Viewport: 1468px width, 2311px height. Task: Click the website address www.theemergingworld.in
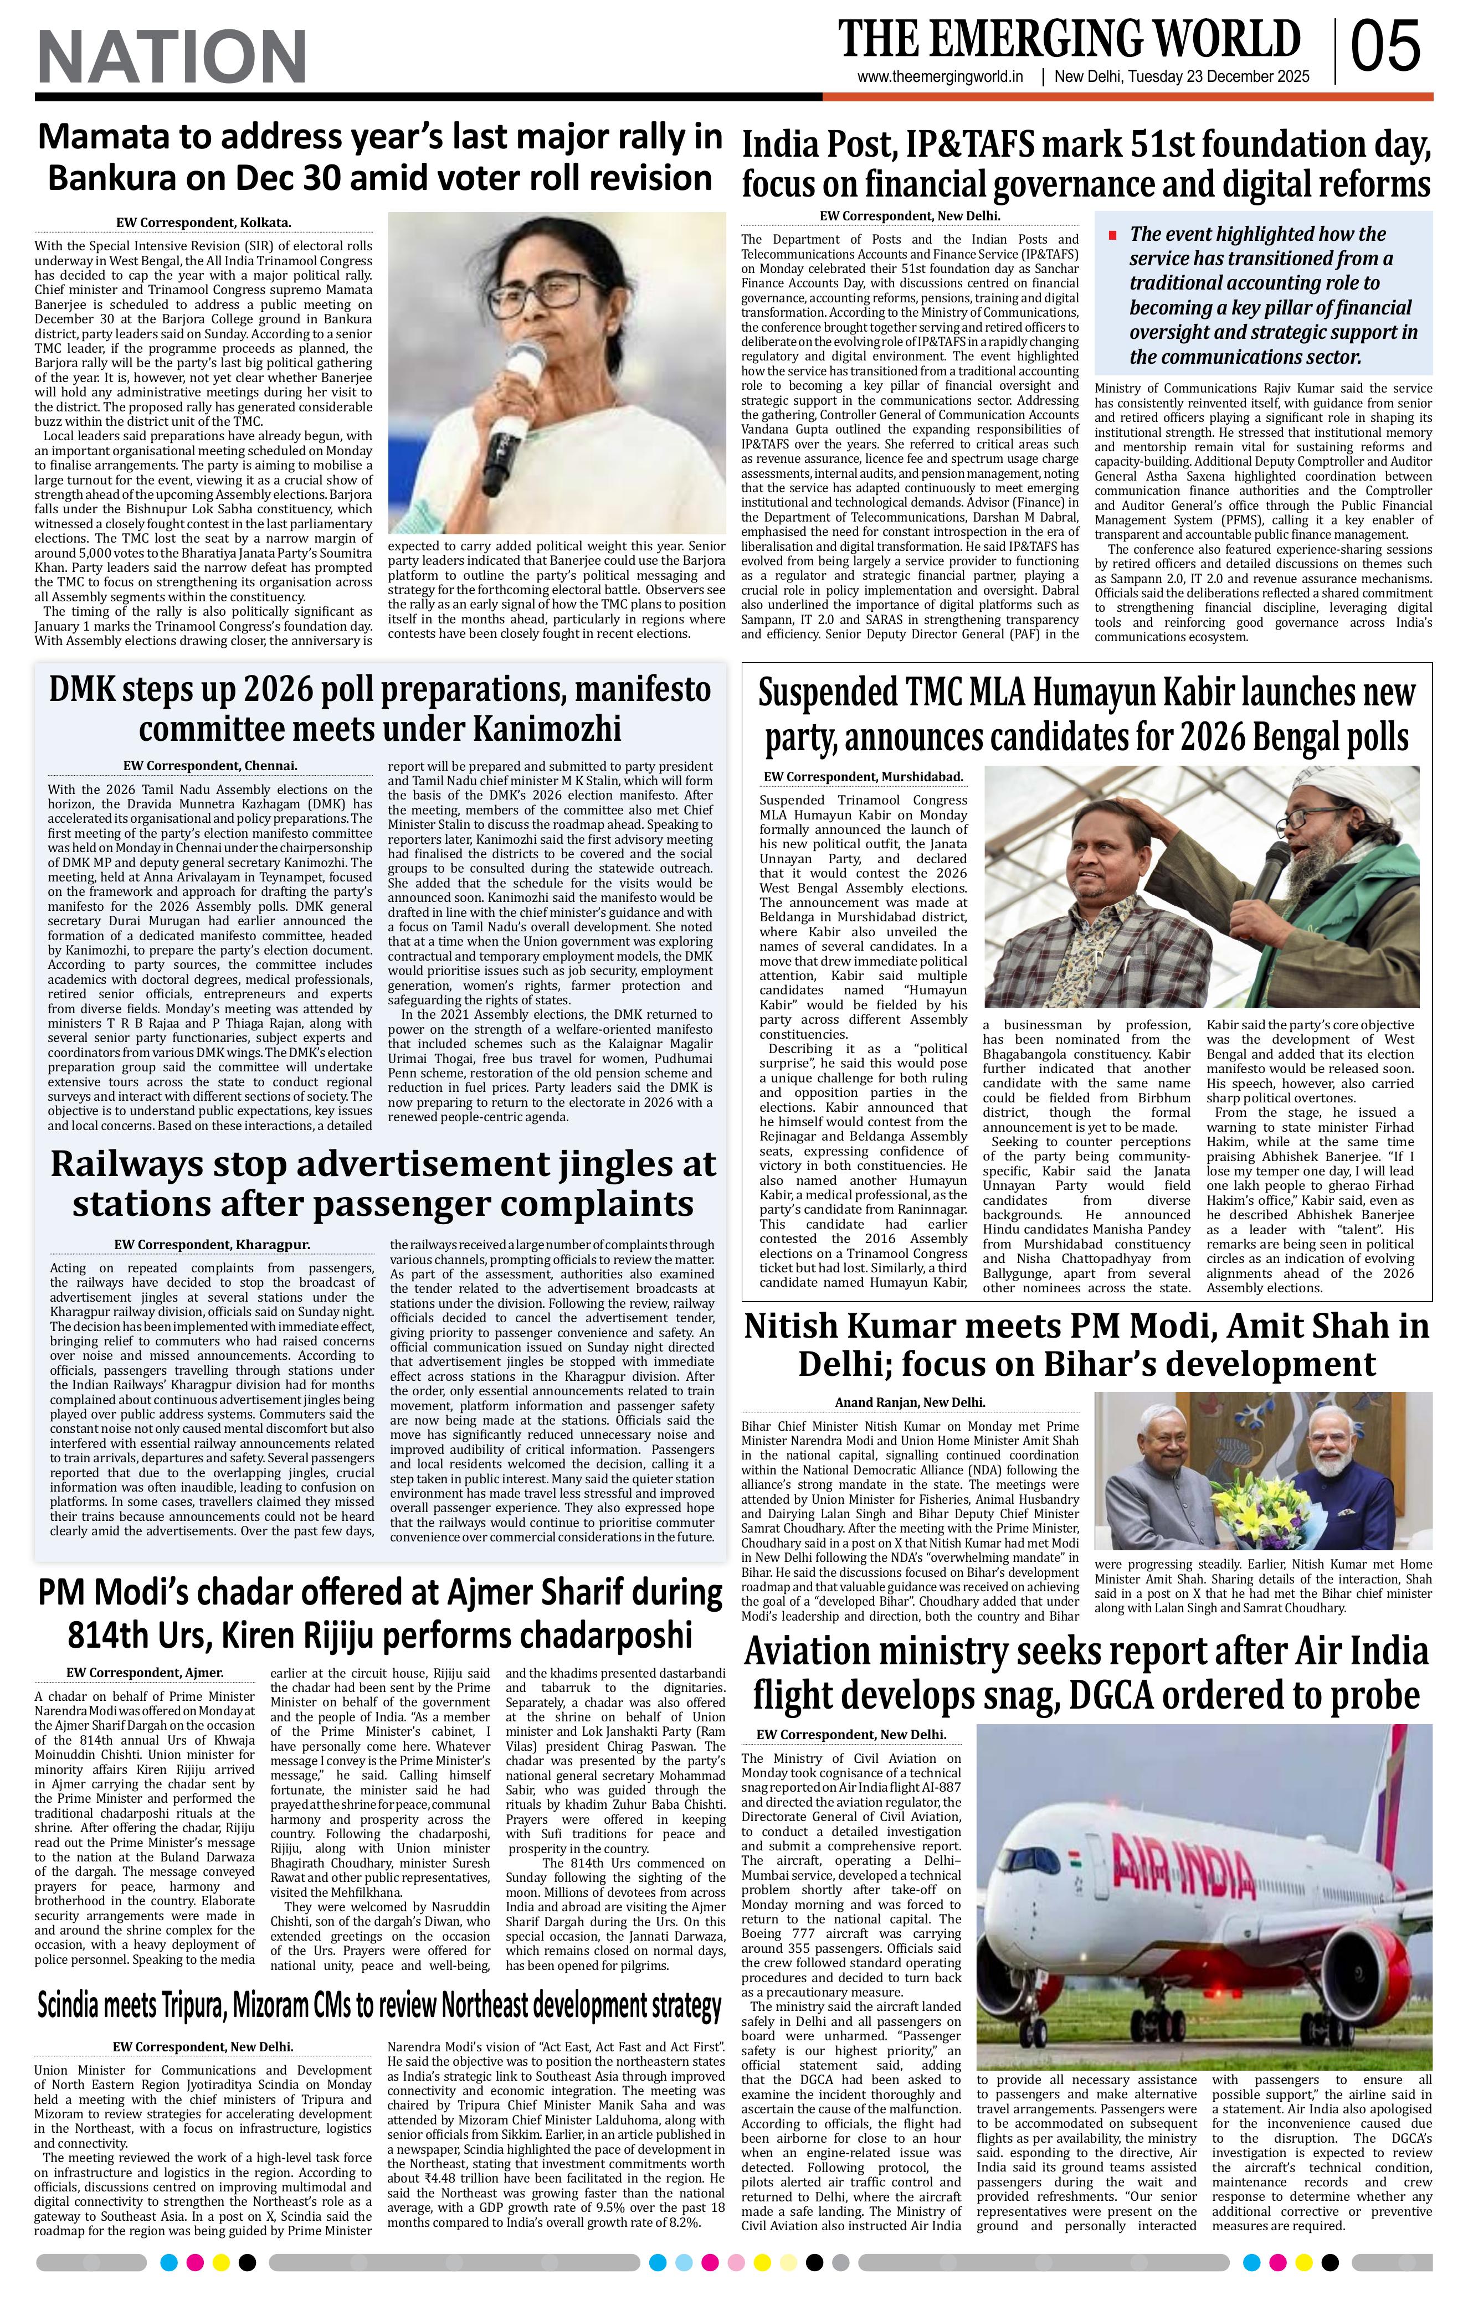tap(940, 78)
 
